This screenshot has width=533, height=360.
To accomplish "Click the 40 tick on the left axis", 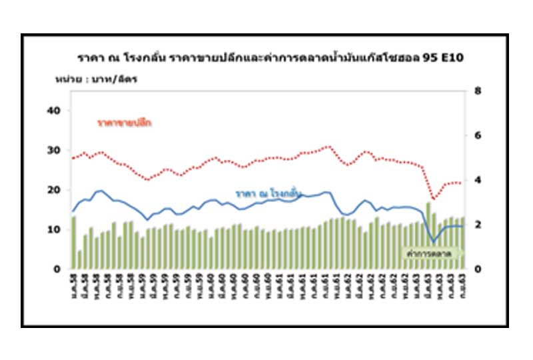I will coord(55,111).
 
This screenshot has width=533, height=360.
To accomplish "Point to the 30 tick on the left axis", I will coord(55,150).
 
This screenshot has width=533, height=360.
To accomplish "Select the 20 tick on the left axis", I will coord(55,190).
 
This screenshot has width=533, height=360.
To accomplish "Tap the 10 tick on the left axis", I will coord(55,229).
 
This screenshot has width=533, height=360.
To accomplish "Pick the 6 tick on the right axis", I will coord(477,135).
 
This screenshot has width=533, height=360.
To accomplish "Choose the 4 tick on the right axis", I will coord(477,180).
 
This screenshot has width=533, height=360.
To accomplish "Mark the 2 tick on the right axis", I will coord(477,225).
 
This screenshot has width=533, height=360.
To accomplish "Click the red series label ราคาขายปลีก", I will coord(124,123).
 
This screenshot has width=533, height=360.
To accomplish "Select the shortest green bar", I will coord(79,259).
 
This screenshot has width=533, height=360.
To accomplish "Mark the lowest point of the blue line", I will coord(434,241).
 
